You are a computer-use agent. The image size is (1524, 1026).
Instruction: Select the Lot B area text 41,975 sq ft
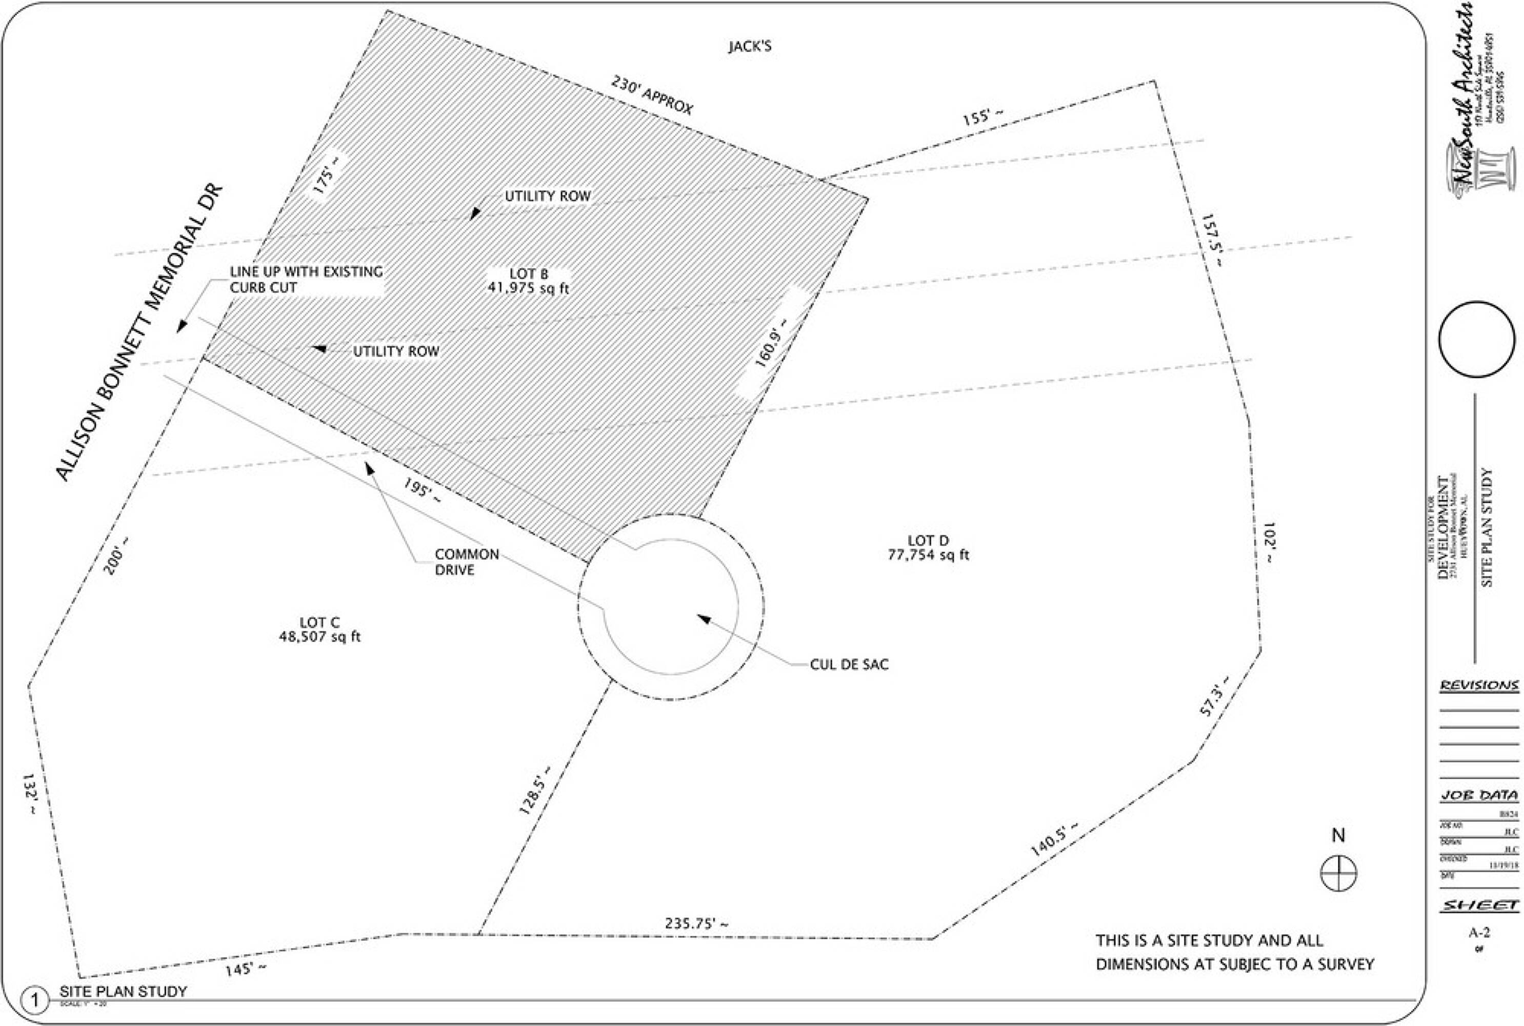click(x=529, y=288)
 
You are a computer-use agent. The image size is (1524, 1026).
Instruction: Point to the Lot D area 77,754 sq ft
click(x=928, y=555)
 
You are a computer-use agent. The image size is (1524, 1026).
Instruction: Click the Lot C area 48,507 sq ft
click(x=320, y=636)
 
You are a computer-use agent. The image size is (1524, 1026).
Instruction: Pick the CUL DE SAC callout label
click(x=849, y=665)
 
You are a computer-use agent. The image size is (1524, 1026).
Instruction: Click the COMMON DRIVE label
click(x=466, y=562)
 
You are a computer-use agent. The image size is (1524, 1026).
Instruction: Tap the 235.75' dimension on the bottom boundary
click(x=696, y=923)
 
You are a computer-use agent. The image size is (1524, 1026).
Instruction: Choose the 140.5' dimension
click(x=1054, y=839)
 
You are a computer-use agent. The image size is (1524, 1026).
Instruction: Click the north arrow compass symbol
click(x=1339, y=873)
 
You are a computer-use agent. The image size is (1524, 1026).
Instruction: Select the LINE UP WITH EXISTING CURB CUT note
click(x=306, y=280)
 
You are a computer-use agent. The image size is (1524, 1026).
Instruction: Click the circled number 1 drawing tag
click(x=35, y=1000)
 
